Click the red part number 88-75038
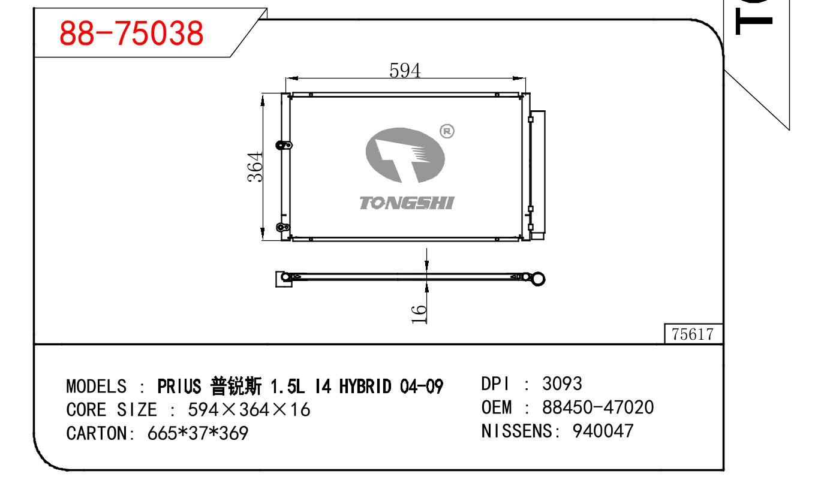tap(131, 34)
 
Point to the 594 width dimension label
tap(405, 70)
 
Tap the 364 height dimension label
tap(255, 167)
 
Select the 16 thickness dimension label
tap(419, 314)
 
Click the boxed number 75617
tap(693, 334)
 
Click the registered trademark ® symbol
tap(447, 131)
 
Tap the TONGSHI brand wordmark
tap(407, 203)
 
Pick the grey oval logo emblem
tap(405, 155)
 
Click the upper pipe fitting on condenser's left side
tap(284, 145)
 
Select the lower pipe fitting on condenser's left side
tap(283, 227)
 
